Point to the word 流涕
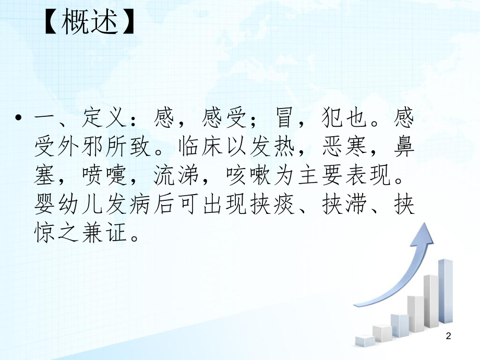173,177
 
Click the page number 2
448,338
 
